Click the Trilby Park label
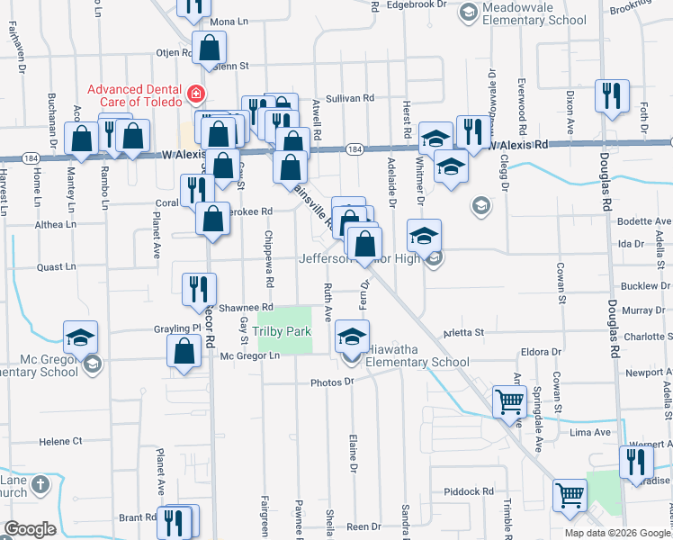[x=282, y=332]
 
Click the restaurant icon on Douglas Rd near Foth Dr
[x=612, y=96]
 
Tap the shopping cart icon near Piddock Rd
[x=570, y=494]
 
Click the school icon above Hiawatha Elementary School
[x=351, y=338]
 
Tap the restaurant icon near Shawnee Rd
[x=199, y=289]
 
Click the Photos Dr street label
[x=333, y=382]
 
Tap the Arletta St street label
[x=464, y=333]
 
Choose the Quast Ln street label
[x=57, y=266]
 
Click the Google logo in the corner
[x=30, y=529]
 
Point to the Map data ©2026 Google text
[x=617, y=533]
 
